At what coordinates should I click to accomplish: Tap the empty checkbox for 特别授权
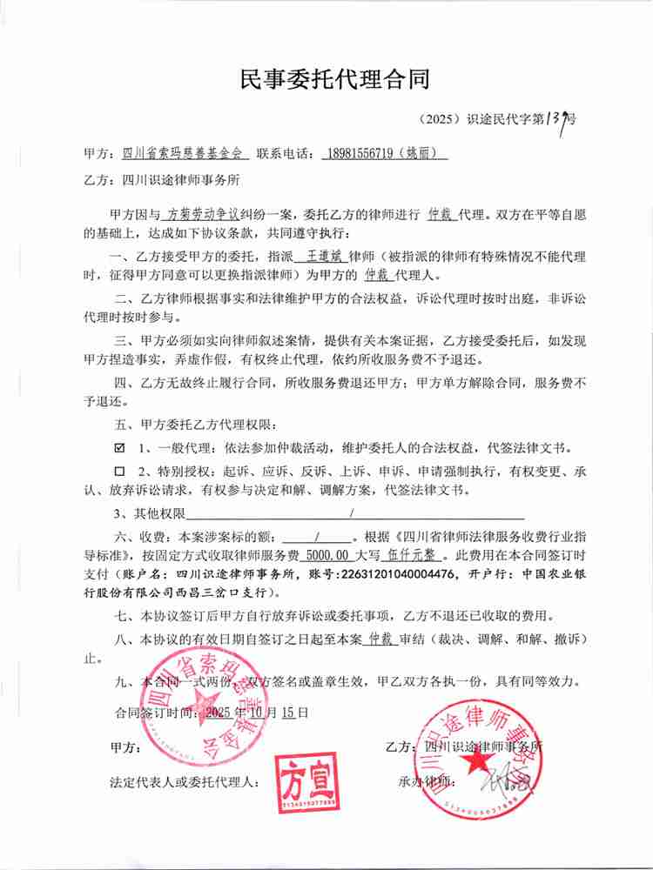click(x=120, y=471)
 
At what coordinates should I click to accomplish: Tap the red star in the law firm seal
click(x=477, y=760)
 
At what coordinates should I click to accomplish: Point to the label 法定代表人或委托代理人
click(x=184, y=782)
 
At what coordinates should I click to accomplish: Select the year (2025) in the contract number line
click(x=439, y=121)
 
